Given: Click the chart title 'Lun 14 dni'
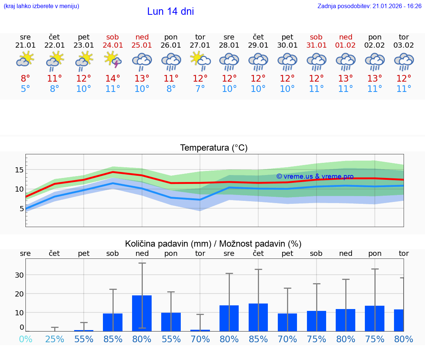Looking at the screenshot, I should point(170,11).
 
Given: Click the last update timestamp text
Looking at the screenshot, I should point(369,6).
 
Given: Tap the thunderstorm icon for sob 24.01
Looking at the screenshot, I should point(113,59).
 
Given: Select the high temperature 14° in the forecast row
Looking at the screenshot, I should point(113,79).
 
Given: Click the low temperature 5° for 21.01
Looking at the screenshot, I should point(25,89).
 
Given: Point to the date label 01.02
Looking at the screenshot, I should point(346,45).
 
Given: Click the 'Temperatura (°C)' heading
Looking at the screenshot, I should point(214,148).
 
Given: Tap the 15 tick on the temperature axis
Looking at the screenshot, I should point(19,170).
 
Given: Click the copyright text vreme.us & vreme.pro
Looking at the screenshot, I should point(315,176).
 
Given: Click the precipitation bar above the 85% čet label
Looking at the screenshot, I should point(258,317).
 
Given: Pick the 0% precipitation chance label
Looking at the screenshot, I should point(25,339).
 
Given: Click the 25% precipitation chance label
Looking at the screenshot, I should point(55,339).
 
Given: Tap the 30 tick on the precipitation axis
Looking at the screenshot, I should point(19,275).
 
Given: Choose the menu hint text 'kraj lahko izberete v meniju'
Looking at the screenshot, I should point(41,6).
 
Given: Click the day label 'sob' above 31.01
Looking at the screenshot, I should point(316,37).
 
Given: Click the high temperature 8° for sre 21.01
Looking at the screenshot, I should point(25,79).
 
